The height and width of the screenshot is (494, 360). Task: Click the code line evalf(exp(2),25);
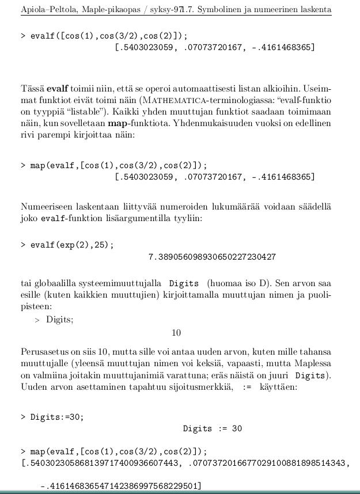click(x=71, y=244)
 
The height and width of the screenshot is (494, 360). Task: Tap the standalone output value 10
click(x=176, y=332)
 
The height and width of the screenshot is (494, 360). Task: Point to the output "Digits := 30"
click(x=213, y=428)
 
